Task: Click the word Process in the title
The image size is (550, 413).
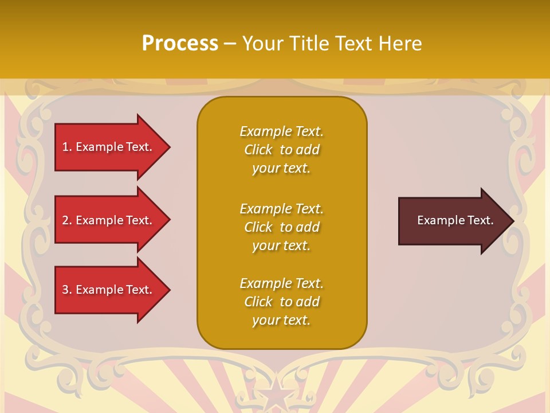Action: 180,44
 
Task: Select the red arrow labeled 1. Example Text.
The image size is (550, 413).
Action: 109,147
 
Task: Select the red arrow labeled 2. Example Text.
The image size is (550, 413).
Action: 109,220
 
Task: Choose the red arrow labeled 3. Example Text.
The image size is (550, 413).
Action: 109,290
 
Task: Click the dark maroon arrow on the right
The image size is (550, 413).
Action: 453,221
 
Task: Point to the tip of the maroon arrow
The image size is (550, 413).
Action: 513,221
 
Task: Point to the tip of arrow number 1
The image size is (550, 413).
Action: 169,147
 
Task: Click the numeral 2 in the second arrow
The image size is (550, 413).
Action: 65,220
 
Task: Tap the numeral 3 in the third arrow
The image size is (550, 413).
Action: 65,290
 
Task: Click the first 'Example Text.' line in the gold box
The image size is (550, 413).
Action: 281,131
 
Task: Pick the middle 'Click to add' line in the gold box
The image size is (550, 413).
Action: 281,227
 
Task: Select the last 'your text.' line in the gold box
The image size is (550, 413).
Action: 281,320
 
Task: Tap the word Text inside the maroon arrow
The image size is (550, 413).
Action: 481,220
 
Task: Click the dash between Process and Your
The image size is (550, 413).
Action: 230,44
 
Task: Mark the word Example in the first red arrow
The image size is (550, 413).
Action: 100,147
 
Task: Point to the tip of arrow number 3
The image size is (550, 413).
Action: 169,290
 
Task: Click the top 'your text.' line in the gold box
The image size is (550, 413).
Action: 281,168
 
